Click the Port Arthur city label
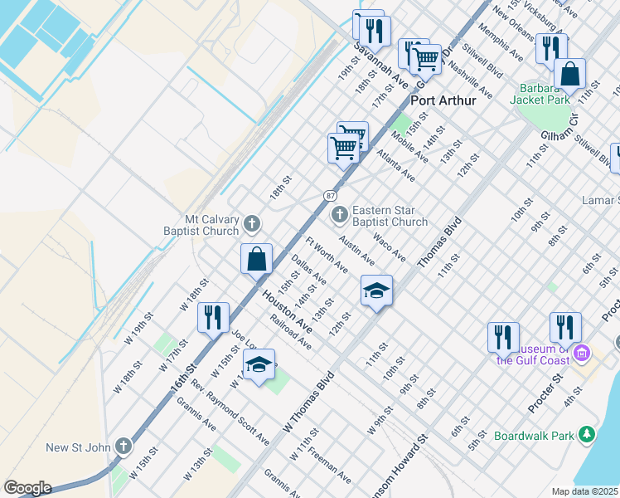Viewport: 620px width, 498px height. coord(443,100)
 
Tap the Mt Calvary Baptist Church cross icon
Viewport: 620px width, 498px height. coord(252,223)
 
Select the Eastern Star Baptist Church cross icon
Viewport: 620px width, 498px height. coord(339,216)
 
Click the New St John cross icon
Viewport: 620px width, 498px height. coord(123,447)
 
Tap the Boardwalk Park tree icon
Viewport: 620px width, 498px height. coord(587,434)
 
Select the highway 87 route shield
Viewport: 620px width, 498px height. coord(330,194)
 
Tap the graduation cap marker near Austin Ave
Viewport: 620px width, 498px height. coord(376,290)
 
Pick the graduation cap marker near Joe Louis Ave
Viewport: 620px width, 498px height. coord(259,365)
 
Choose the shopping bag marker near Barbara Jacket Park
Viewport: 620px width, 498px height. coord(569,73)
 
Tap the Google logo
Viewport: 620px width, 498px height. coord(27,488)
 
